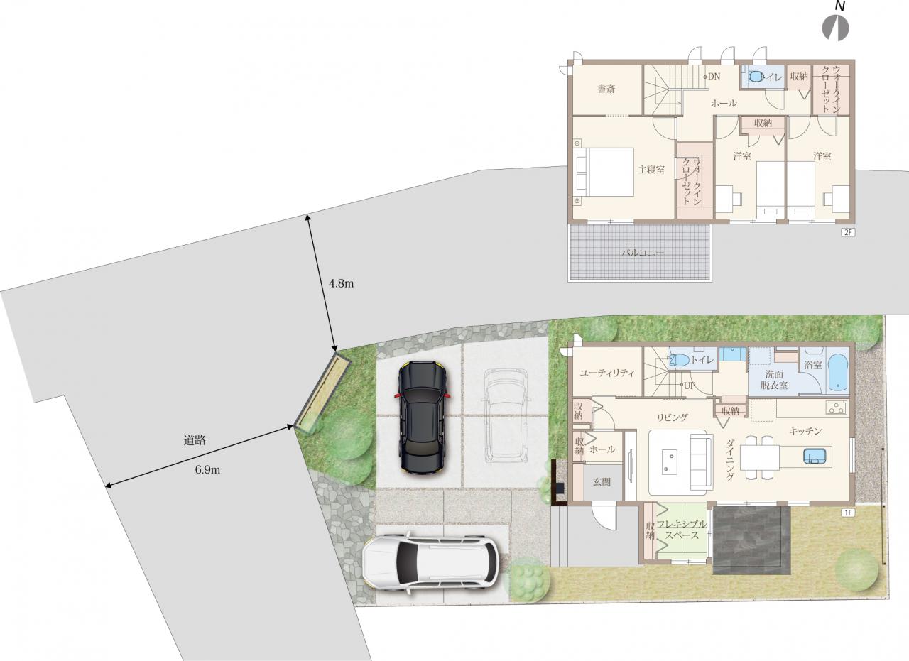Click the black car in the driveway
[422, 418]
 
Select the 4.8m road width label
[341, 283]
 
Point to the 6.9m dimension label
[207, 470]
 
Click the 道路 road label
[195, 440]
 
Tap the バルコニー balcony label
[643, 253]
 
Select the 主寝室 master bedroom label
[651, 170]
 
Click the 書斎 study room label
[606, 89]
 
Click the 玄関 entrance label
[602, 481]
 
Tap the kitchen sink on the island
[815, 456]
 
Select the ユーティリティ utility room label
[607, 373]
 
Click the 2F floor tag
[848, 232]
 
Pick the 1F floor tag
[848, 513]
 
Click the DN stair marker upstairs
[714, 76]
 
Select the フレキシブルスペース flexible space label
[682, 530]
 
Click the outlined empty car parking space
[505, 416]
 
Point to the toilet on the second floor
[755, 77]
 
